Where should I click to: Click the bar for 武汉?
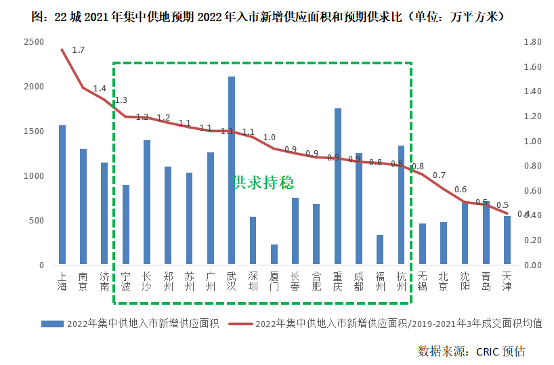tap(232, 171)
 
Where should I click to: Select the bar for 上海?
tap(62, 195)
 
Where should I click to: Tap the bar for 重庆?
tap(337, 186)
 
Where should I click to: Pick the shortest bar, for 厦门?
tap(274, 255)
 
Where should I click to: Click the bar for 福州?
tap(380, 250)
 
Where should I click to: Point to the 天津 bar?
tap(507, 240)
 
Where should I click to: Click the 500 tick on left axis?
tap(36, 221)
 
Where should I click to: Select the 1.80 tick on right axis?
tap(532, 42)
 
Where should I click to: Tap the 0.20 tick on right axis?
tap(532, 240)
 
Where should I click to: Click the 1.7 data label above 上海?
tap(78, 50)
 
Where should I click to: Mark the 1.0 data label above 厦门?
tap(269, 137)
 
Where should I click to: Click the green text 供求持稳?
tap(263, 183)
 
